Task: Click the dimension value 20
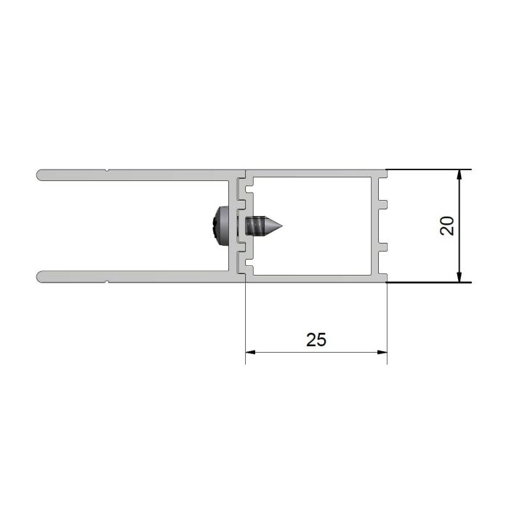(x=446, y=225)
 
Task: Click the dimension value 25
(x=316, y=340)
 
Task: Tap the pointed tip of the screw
(x=281, y=226)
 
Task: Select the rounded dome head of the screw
(x=220, y=226)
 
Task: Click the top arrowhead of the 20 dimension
(x=459, y=175)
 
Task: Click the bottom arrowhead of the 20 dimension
(x=459, y=276)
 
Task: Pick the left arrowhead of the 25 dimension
(x=251, y=352)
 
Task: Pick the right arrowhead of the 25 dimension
(x=382, y=352)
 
